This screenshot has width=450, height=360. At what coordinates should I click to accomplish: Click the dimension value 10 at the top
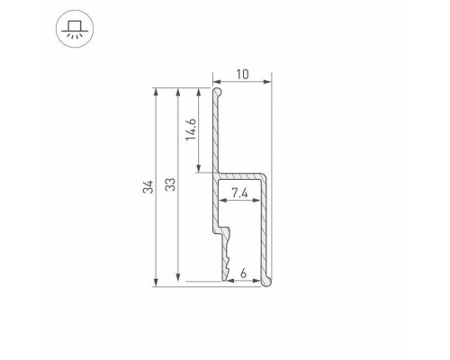(242, 72)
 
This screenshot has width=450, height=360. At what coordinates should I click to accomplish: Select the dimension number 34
(147, 186)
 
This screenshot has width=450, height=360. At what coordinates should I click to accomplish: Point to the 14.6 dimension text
(189, 131)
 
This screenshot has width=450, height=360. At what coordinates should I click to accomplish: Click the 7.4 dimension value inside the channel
(240, 193)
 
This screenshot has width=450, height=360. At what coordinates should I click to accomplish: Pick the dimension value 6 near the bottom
(243, 272)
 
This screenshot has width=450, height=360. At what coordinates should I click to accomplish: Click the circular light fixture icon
(24, 23)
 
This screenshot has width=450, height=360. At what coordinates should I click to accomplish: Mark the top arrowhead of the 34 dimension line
(157, 91)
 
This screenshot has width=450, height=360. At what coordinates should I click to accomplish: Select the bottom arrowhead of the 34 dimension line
(157, 283)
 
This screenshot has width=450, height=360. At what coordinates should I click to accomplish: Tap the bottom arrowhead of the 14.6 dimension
(199, 170)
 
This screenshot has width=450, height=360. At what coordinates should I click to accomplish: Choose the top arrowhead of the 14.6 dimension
(199, 91)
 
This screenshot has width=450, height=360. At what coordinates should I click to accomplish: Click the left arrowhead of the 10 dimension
(216, 82)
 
